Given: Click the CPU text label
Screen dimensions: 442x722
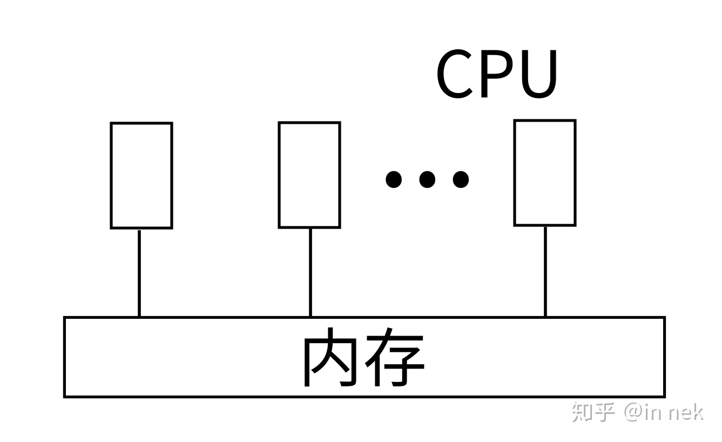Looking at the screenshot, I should pyautogui.click(x=496, y=75).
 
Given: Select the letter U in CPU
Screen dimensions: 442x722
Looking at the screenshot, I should pyautogui.click(x=537, y=75).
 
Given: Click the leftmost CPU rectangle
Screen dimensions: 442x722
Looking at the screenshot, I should pyautogui.click(x=141, y=176).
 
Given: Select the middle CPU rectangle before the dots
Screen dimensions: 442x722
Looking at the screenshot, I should pyautogui.click(x=309, y=175).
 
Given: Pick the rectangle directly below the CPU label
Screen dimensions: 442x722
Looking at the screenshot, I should pyautogui.click(x=544, y=173).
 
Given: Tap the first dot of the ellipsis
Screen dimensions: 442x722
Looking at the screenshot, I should pyautogui.click(x=394, y=179).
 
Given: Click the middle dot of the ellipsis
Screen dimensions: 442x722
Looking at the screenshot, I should pyautogui.click(x=427, y=179).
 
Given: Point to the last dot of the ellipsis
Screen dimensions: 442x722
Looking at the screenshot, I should pyautogui.click(x=461, y=179).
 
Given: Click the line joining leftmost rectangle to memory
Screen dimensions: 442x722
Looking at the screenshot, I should pyautogui.click(x=139, y=273).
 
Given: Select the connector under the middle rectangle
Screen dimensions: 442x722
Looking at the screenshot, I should pyautogui.click(x=310, y=272).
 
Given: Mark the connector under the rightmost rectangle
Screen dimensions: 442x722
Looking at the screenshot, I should pyautogui.click(x=545, y=271).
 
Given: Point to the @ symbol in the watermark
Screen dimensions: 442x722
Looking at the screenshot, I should pyautogui.click(x=633, y=413).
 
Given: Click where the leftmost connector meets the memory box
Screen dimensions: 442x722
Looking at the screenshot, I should pyautogui.click(x=139, y=317).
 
